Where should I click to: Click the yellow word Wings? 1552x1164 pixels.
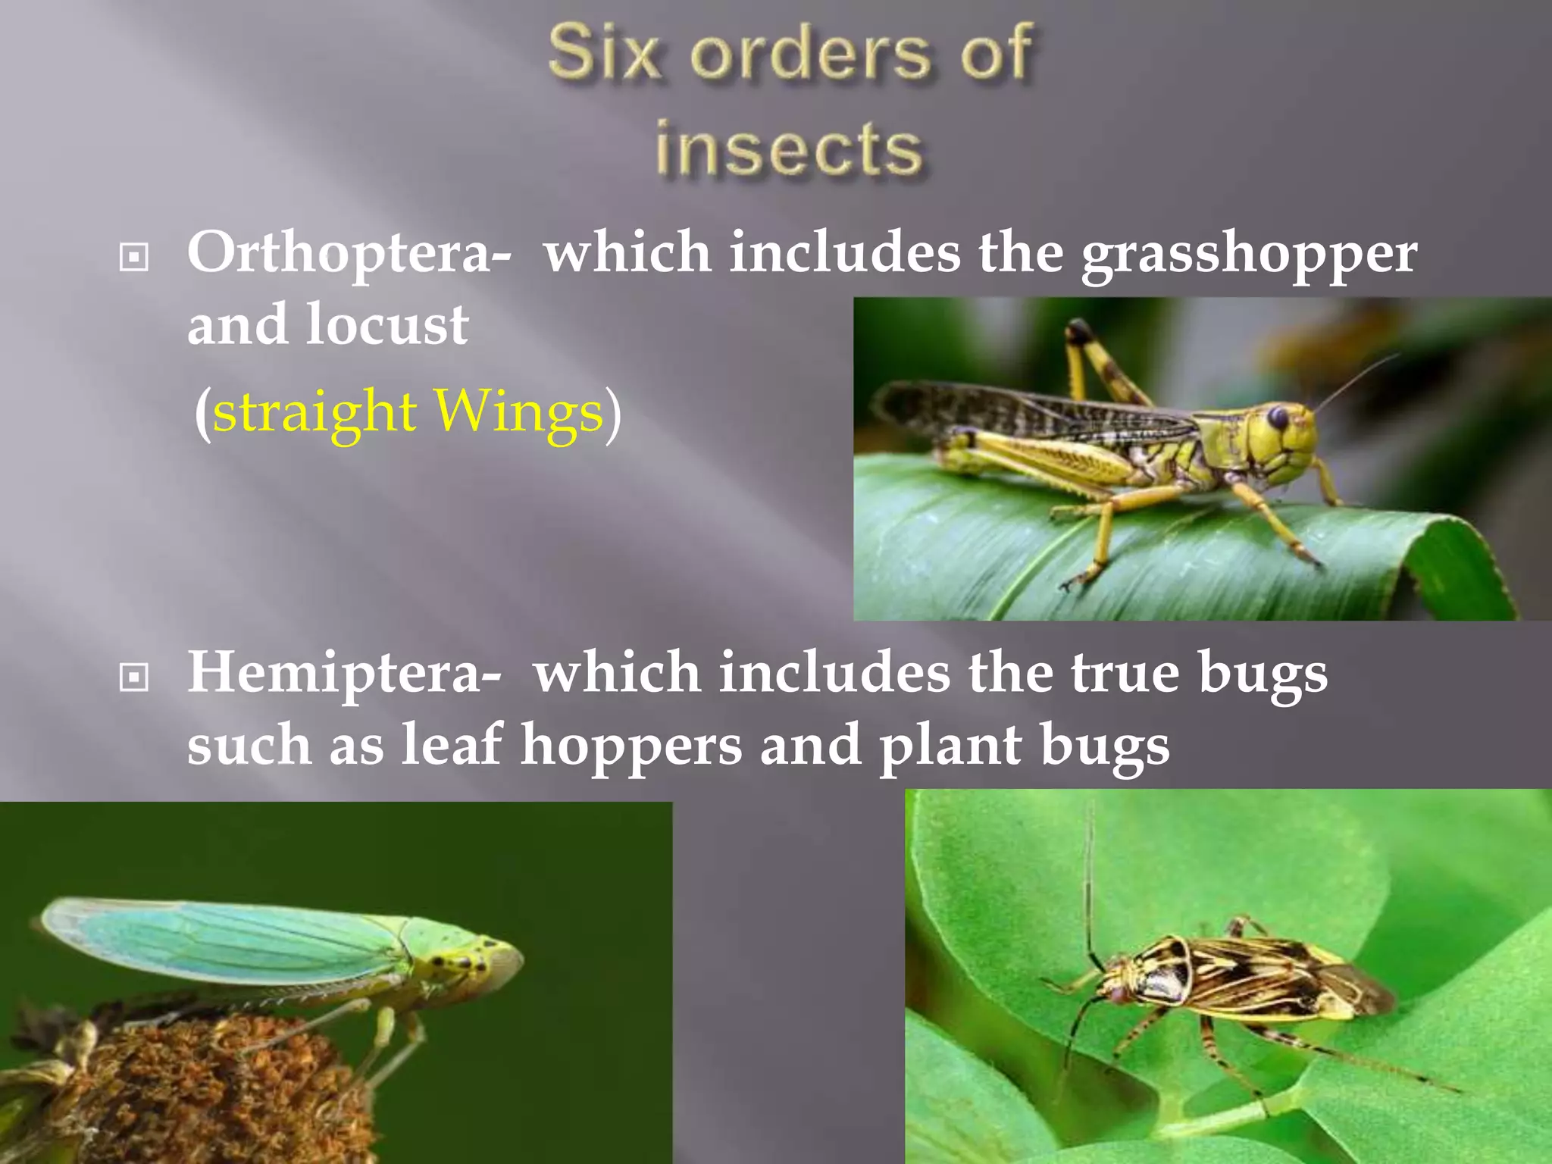tap(518, 412)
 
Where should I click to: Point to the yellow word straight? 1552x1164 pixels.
tap(314, 412)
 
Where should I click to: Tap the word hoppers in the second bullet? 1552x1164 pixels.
tap(630, 746)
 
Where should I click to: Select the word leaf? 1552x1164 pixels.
tap(452, 744)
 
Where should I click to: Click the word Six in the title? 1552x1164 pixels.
tap(603, 53)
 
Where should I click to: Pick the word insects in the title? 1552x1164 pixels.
tap(789, 149)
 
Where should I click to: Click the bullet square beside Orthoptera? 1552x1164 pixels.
tap(134, 257)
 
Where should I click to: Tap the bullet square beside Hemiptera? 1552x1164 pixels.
tap(134, 677)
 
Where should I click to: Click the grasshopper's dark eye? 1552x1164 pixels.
tap(1278, 417)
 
